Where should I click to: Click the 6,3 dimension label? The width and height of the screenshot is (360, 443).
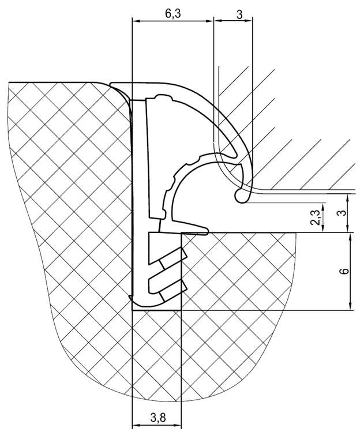pyautogui.click(x=172, y=14)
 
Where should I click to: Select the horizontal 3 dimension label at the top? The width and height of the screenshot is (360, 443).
pyautogui.click(x=239, y=14)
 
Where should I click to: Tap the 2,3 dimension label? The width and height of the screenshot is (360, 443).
pyautogui.click(x=316, y=217)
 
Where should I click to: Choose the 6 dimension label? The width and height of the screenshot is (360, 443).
pyautogui.click(x=345, y=271)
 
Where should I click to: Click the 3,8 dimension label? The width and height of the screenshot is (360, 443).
pyautogui.click(x=158, y=418)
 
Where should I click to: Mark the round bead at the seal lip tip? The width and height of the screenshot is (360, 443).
pyautogui.click(x=241, y=196)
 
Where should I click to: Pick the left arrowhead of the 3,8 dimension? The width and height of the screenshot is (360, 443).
pyautogui.click(x=136, y=425)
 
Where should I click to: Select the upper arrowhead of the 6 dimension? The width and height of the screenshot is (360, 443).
pyautogui.click(x=350, y=236)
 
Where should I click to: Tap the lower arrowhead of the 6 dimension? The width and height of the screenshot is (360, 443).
pyautogui.click(x=350, y=306)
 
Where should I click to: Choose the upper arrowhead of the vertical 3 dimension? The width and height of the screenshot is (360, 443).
pyautogui.click(x=348, y=198)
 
